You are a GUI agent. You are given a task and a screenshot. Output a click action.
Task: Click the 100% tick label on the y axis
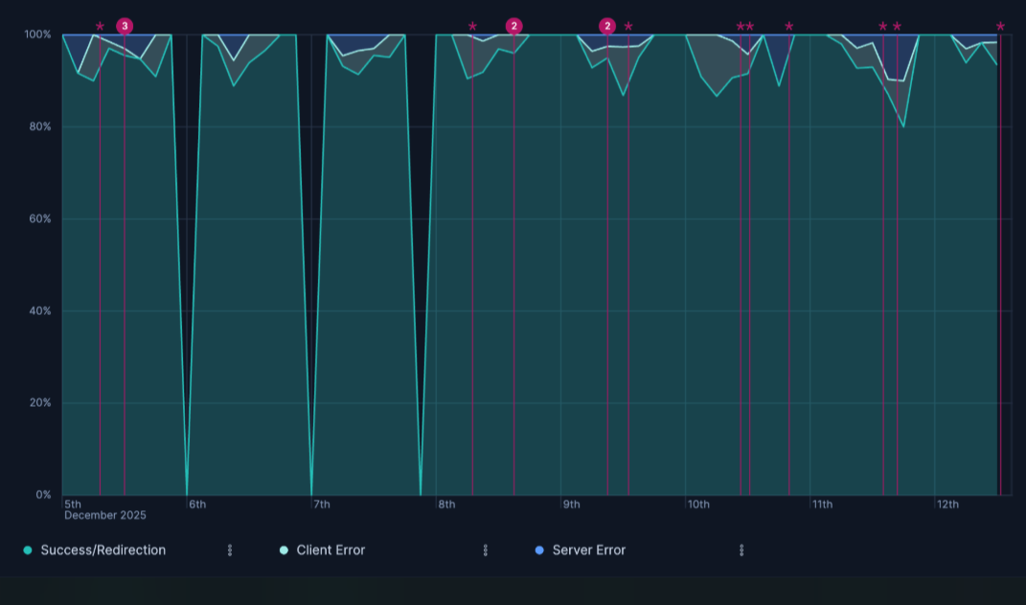tap(37, 34)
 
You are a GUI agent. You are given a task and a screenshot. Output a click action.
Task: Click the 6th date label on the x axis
tap(197, 504)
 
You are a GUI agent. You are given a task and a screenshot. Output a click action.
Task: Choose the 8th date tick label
tap(446, 504)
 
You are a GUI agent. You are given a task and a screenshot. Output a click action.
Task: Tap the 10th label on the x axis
tap(698, 504)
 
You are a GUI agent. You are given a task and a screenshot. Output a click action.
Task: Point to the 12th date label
tap(947, 504)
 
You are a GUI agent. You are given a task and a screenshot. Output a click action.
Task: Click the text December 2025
tap(105, 516)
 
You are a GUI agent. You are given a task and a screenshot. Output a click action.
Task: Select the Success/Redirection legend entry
tap(103, 550)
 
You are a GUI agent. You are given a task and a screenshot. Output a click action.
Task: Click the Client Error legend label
tap(331, 550)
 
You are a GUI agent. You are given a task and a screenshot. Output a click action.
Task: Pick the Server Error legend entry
tap(588, 550)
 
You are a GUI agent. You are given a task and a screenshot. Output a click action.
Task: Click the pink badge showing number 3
tap(125, 26)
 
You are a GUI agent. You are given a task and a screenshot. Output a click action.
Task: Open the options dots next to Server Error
tap(741, 550)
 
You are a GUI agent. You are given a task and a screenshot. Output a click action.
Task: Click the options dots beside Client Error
tap(486, 550)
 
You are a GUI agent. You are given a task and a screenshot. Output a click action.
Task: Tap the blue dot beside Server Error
tap(539, 550)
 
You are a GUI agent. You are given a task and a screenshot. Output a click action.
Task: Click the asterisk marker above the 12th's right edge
tap(1000, 27)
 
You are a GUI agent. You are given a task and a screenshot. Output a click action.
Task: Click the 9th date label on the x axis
tap(571, 504)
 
